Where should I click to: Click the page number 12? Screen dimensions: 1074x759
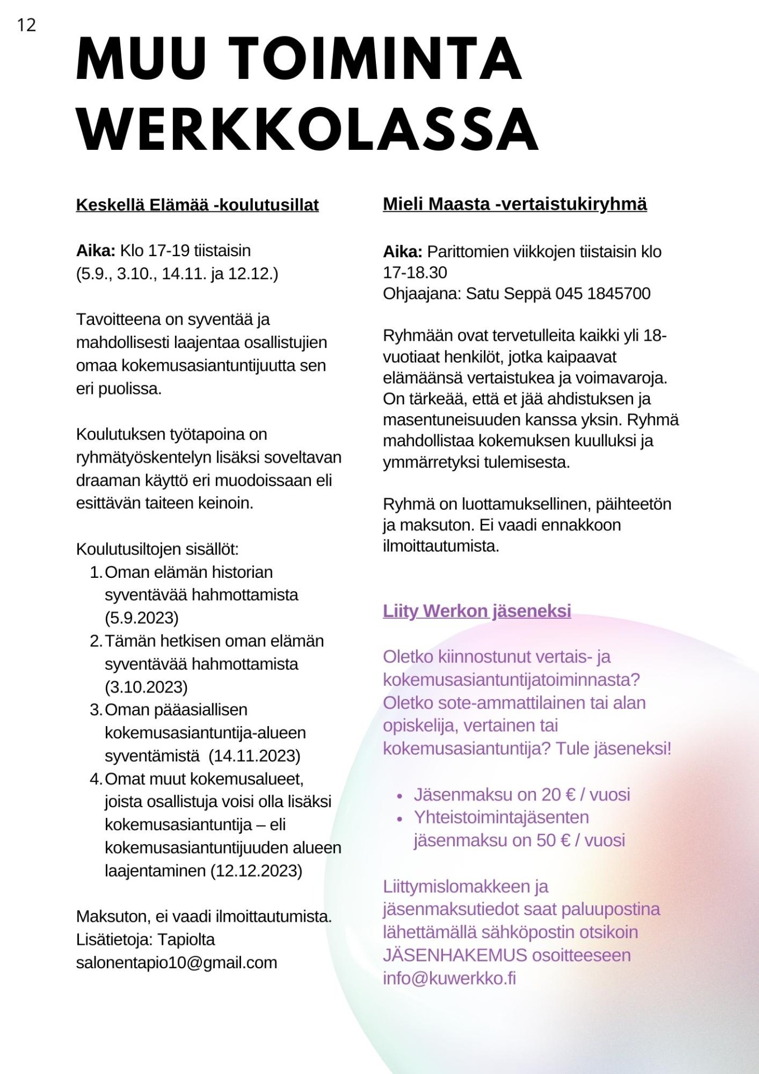[x=26, y=25]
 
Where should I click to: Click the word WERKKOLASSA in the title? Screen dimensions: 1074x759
[x=307, y=129]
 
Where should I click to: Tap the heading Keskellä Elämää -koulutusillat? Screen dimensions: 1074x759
[x=197, y=205]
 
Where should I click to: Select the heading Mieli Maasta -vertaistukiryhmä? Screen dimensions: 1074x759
[x=515, y=204]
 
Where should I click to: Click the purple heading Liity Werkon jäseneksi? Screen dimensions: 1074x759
[x=477, y=611]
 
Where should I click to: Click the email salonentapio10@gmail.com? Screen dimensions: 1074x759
[x=177, y=963]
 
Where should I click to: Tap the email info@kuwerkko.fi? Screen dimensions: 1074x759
[x=449, y=978]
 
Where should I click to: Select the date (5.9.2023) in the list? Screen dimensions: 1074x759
[x=142, y=618]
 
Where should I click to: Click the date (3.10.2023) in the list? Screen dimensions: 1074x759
[x=146, y=687]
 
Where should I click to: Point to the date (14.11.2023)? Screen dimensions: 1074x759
[x=254, y=756]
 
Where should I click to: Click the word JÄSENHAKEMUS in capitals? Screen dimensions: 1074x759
[x=455, y=955]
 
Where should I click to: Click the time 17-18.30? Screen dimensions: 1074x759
[x=415, y=273]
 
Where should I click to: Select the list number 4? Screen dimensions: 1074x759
[x=95, y=779]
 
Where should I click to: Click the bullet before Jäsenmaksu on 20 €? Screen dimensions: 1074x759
[x=399, y=795]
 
